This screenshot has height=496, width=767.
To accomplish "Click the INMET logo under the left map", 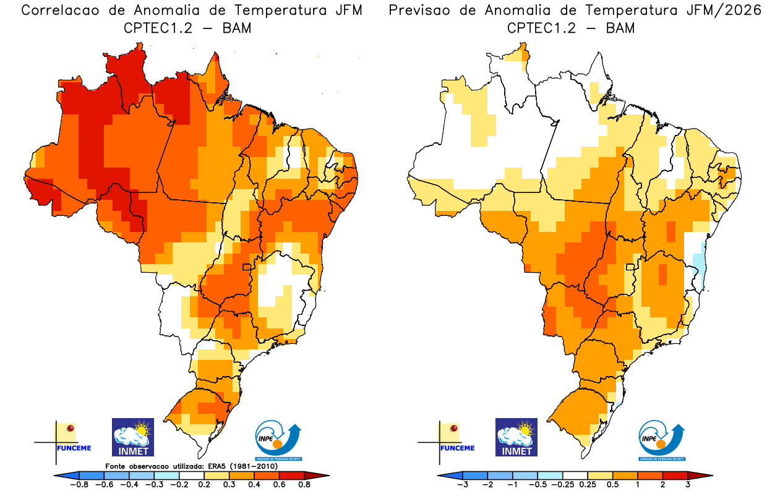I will click(x=132, y=437).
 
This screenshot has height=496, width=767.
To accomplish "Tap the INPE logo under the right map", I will click(x=661, y=440).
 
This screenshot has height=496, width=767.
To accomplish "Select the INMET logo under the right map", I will click(x=516, y=437).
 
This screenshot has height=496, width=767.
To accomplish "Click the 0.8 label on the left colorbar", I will click(x=304, y=485).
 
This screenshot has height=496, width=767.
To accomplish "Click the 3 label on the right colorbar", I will click(x=688, y=485).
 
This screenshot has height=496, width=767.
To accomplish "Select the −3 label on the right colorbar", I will click(x=461, y=485).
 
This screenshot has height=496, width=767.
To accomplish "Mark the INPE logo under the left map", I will click(x=278, y=440).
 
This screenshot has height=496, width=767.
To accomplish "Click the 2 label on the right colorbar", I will click(x=662, y=485).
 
